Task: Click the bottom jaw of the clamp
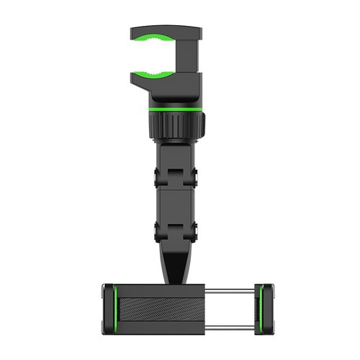pyautogui.click(x=162, y=81)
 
